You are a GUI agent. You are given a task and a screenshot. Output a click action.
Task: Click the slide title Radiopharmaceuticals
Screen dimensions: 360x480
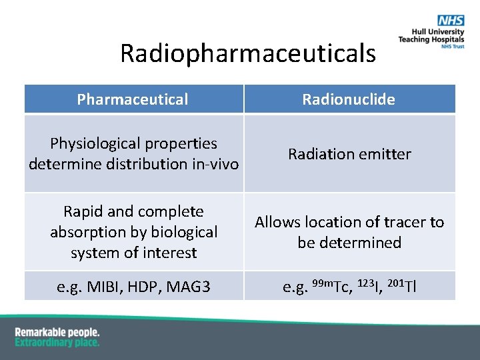248,53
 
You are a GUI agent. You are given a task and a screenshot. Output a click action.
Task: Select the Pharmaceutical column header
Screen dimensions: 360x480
133,99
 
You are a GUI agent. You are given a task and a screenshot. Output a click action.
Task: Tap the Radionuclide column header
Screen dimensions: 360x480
349,99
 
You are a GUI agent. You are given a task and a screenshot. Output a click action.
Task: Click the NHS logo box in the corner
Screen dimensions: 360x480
446,21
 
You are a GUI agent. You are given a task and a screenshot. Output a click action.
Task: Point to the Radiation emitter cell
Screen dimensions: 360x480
349,154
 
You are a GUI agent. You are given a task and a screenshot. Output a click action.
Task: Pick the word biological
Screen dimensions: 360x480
187,232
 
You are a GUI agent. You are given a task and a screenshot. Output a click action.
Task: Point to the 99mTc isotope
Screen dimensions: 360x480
331,287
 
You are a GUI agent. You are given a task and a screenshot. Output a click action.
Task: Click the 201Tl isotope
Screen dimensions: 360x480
402,287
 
